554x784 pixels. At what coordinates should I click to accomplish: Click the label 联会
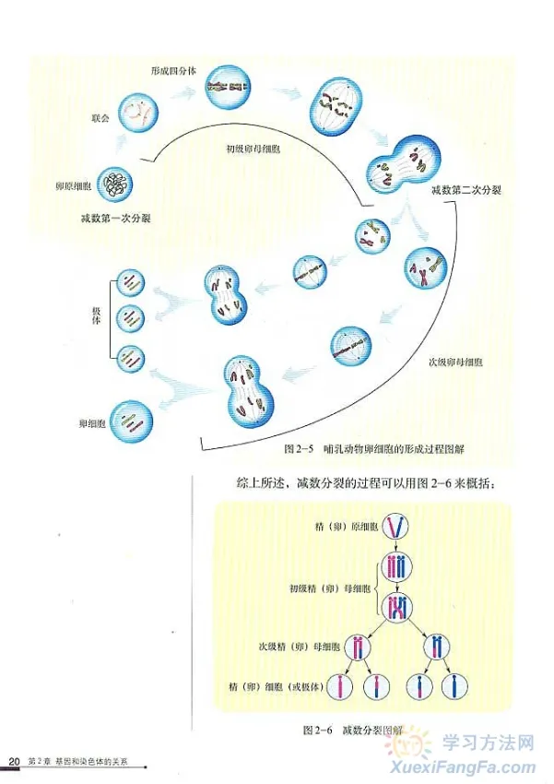click(101, 118)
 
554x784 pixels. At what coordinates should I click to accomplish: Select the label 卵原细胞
click(74, 187)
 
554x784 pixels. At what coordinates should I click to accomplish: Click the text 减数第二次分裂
click(460, 190)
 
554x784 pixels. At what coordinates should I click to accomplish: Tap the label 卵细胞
click(92, 424)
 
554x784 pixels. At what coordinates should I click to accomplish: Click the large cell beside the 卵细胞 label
click(130, 422)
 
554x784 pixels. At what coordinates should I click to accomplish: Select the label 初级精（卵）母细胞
click(329, 588)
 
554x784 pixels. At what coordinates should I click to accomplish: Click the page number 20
click(13, 762)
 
